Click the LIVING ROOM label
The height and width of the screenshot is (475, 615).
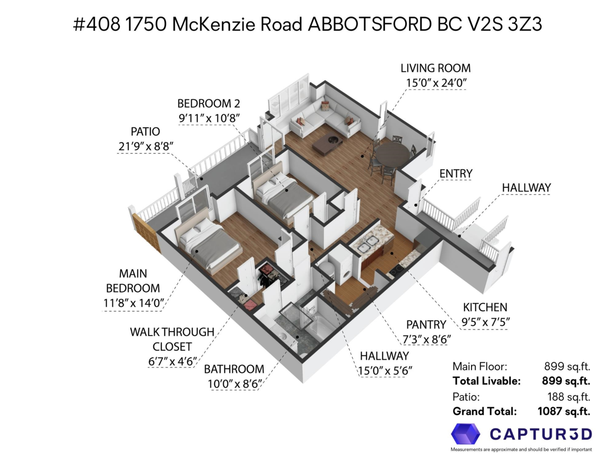(435, 68)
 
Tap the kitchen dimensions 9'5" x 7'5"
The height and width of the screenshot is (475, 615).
(485, 322)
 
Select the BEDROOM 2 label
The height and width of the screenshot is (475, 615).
(209, 104)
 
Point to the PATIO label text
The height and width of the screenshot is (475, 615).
(145, 132)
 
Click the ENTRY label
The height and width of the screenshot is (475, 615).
(456, 173)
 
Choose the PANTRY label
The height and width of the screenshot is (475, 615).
(426, 324)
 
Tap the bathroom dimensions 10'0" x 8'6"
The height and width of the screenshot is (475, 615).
(234, 384)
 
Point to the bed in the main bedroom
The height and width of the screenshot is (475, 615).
(209, 243)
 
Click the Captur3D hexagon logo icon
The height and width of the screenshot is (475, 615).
(465, 433)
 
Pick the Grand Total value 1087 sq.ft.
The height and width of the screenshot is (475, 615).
(564, 411)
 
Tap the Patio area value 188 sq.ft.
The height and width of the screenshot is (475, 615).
(568, 397)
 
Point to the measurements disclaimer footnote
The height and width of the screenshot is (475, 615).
(521, 449)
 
